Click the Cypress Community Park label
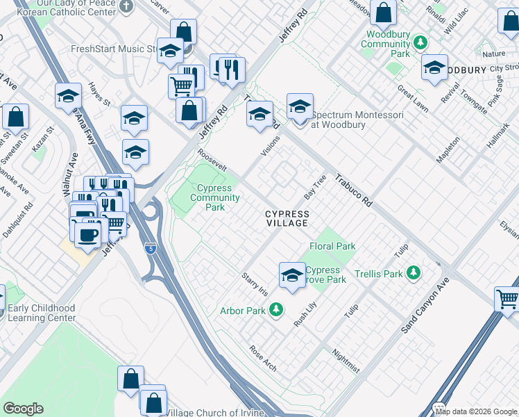coord(215,197)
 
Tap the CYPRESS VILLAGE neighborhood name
coord(287,218)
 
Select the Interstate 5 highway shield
coord(151,248)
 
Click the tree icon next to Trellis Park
coord(414,272)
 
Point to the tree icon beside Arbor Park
coord(277,309)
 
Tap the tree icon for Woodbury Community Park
coord(420,43)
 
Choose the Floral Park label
coord(332,246)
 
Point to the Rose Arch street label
coord(263,358)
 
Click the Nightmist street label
coord(346,361)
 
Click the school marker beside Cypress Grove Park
coord(293,275)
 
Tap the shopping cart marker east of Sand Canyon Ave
coord(508,300)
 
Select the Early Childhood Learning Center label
coord(43,313)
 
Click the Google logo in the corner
coord(23,409)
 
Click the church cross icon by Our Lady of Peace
coord(126,6)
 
